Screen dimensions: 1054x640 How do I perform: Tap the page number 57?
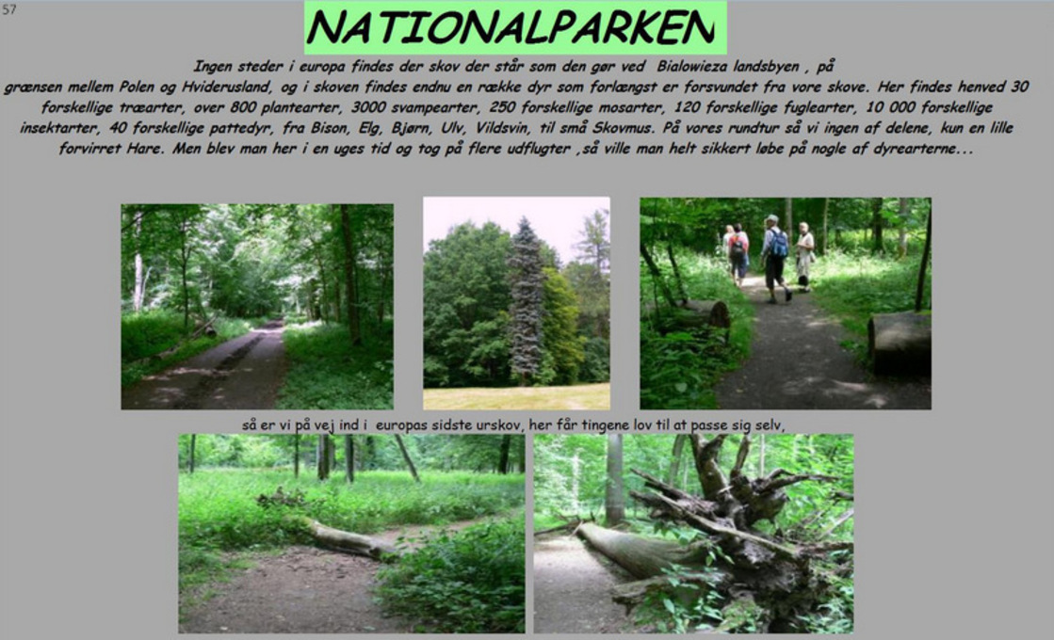pyautogui.click(x=8, y=9)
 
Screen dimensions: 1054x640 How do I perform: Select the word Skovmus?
pyautogui.click(x=621, y=128)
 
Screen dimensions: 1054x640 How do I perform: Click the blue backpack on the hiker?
pyautogui.click(x=778, y=243)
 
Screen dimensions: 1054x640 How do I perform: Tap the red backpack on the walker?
pyautogui.click(x=738, y=246)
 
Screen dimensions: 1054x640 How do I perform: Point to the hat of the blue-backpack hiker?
pyautogui.click(x=772, y=219)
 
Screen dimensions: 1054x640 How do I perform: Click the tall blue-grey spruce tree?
pyautogui.click(x=526, y=299)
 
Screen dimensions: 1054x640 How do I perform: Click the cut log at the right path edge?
pyautogui.click(x=899, y=344)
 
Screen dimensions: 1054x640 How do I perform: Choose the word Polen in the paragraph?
pyautogui.click(x=138, y=88)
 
